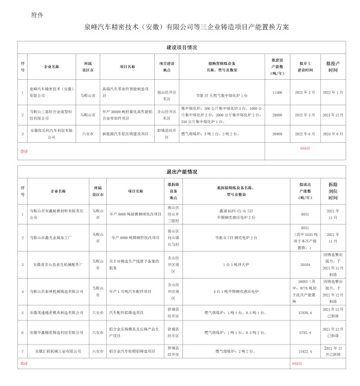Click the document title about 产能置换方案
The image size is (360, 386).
tap(179, 28)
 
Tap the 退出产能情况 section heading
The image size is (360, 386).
tap(180, 172)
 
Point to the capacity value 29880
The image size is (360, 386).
tap(277, 113)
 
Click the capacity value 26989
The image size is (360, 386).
tap(277, 134)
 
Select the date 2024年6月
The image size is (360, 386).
tap(336, 134)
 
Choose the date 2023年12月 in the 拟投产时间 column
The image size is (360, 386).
tap(336, 113)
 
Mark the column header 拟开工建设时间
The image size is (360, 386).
tap(305, 66)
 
